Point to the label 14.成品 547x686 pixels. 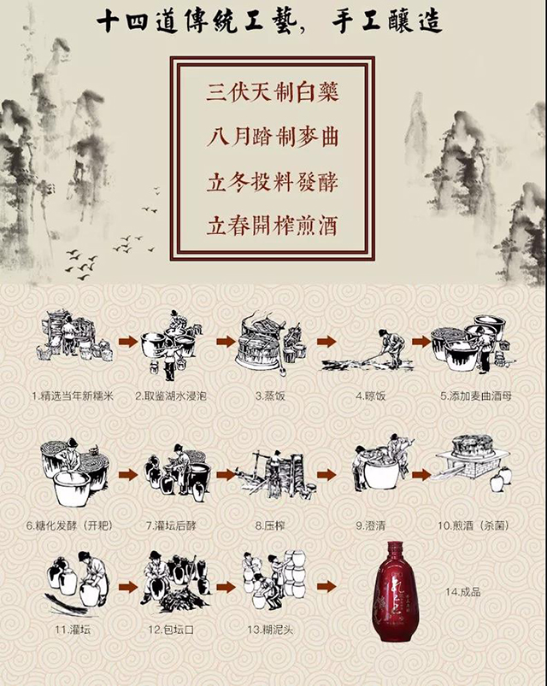point(463,592)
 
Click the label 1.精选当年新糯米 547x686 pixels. point(73,396)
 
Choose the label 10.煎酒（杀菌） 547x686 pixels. point(473,525)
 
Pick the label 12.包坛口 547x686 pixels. point(171,630)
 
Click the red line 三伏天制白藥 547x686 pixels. point(273,93)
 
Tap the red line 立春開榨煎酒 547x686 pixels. point(273,226)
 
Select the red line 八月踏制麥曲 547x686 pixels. point(273,138)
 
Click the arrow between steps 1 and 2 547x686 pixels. point(128,342)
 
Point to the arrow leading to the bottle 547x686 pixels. point(326,587)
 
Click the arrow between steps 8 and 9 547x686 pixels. point(326,475)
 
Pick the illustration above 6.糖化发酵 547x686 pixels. point(75,473)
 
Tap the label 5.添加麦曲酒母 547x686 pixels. point(476,396)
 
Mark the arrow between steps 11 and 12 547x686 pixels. point(128,587)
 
